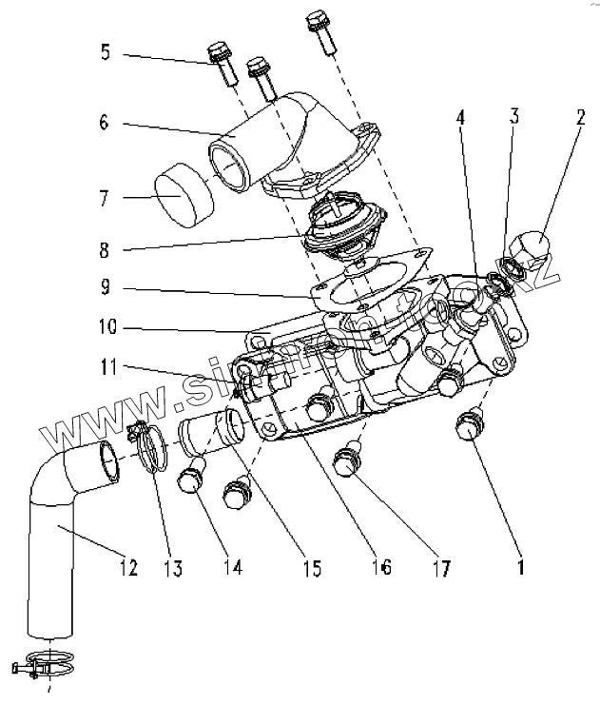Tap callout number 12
(x=128, y=568)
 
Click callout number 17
(x=439, y=568)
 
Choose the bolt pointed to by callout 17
(x=346, y=462)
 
